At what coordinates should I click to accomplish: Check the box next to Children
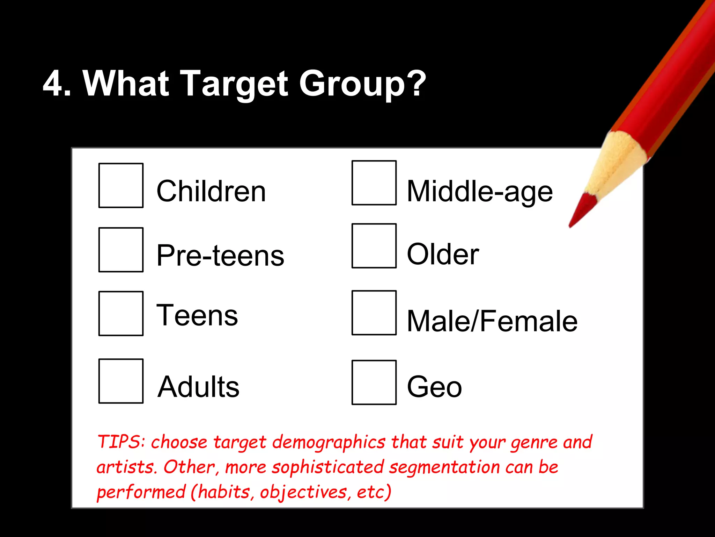click(121, 185)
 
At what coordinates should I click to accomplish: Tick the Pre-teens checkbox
click(121, 250)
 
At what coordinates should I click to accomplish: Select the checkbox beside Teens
click(121, 313)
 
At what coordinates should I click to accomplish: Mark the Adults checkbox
click(121, 381)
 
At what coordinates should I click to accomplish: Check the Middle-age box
click(374, 182)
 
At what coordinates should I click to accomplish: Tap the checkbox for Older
click(374, 246)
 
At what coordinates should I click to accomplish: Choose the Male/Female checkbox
click(374, 313)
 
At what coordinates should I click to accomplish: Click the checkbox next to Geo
click(374, 382)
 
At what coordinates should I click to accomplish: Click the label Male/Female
click(492, 321)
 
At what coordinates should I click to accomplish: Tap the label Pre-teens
click(220, 255)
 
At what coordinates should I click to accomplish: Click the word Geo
click(434, 387)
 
